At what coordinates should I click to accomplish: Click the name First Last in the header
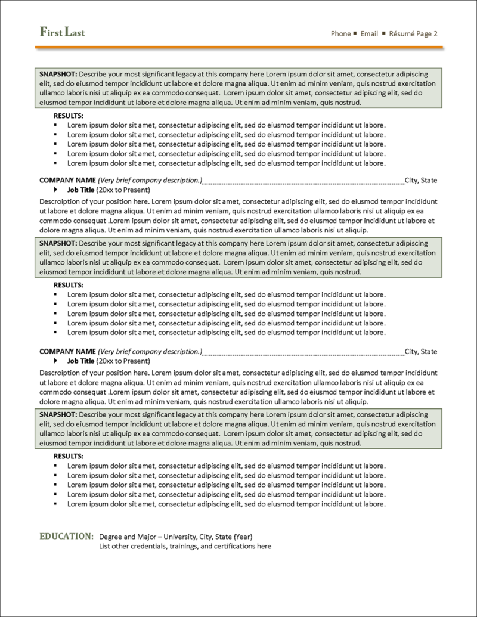click(x=62, y=32)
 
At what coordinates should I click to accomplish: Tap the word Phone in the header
click(x=340, y=34)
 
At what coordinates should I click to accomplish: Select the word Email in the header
click(x=369, y=34)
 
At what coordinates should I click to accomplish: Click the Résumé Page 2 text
click(x=413, y=34)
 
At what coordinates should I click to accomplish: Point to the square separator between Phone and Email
click(x=355, y=33)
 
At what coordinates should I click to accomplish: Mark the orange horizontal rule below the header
click(x=238, y=46)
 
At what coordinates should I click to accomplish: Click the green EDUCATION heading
click(x=66, y=536)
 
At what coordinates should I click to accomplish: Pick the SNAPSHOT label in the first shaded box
click(x=58, y=75)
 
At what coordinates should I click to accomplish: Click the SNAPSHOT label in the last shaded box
click(x=58, y=414)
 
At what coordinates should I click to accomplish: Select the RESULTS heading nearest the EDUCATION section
click(x=69, y=456)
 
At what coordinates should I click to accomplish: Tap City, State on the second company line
click(x=421, y=352)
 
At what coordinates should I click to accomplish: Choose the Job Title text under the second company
click(x=80, y=361)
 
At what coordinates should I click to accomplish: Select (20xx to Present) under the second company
click(x=123, y=361)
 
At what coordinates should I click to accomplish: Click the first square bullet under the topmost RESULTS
click(x=55, y=125)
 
